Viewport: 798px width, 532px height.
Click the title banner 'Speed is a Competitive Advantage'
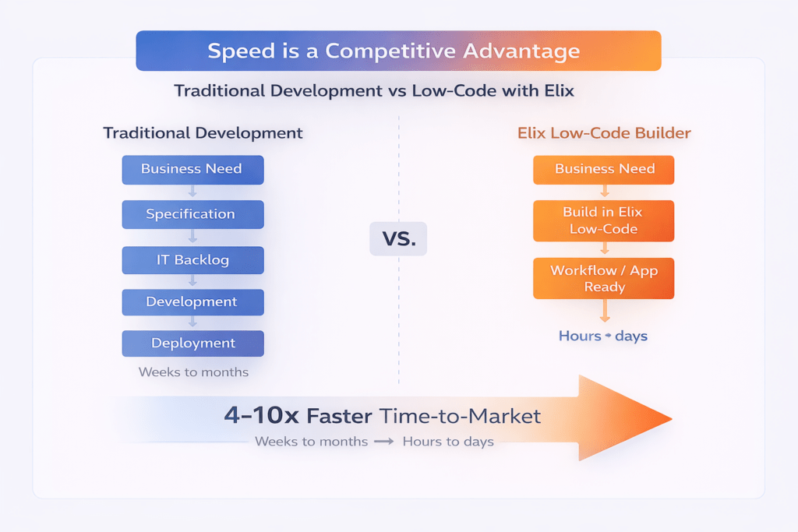(398, 51)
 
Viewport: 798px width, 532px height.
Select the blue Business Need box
(192, 169)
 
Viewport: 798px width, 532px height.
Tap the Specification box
(192, 214)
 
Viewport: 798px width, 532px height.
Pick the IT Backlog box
(192, 259)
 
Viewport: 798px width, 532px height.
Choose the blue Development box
(192, 302)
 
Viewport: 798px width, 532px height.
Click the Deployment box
(192, 344)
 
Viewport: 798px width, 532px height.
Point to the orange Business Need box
(604, 169)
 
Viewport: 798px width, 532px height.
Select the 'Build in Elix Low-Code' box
(604, 220)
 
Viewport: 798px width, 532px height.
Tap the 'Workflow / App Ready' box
(604, 278)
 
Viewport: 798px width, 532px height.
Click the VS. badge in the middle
(398, 238)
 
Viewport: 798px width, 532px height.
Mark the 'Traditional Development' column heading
(203, 133)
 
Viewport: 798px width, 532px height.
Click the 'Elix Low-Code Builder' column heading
(604, 133)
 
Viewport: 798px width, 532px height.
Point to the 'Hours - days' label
(603, 336)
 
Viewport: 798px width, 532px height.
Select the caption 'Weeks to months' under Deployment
(193, 372)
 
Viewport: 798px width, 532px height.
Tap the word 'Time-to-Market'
(460, 416)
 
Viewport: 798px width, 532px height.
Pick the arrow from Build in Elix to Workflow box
(604, 248)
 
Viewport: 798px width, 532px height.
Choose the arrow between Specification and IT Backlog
(192, 237)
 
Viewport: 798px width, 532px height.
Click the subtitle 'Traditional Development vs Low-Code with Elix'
(374, 91)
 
